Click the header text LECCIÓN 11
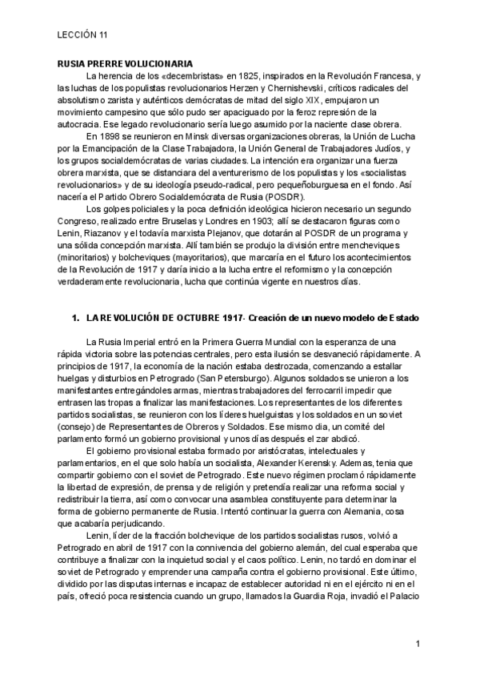[x=84, y=35]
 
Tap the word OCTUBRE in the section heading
[x=205, y=319]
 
